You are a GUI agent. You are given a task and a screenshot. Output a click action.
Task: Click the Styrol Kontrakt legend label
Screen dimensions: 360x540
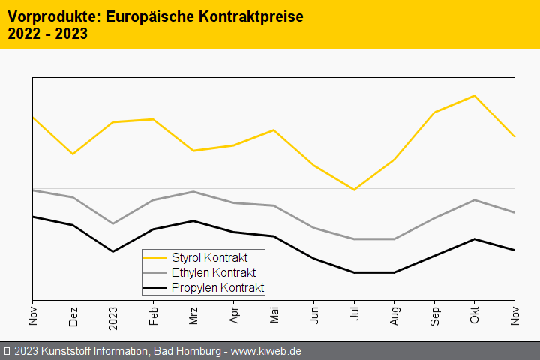[209, 257]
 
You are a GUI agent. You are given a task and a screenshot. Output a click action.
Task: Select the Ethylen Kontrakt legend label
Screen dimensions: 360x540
[214, 272]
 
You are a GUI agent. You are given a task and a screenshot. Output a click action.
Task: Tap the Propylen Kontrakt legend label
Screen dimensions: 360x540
[217, 287]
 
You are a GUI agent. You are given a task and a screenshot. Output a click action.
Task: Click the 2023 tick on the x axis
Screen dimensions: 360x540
[113, 316]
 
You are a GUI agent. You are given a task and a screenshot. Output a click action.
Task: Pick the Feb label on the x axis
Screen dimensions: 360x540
[154, 314]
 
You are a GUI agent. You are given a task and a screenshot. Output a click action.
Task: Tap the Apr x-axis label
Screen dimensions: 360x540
[234, 314]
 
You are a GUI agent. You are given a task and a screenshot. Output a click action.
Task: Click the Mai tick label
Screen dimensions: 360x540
[274, 314]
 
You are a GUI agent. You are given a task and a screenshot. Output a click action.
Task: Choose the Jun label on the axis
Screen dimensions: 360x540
[314, 314]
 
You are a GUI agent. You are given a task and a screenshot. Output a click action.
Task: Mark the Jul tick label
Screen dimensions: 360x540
[354, 313]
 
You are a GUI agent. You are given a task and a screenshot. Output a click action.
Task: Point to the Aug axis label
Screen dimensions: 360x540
[394, 314]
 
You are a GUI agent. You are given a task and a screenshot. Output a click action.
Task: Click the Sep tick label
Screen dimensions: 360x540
[434, 314]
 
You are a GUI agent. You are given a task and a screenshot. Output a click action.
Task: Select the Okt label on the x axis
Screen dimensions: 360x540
[475, 314]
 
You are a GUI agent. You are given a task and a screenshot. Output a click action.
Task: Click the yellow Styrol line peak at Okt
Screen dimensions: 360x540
[474, 96]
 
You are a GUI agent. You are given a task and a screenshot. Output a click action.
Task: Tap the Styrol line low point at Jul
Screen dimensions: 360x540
[354, 190]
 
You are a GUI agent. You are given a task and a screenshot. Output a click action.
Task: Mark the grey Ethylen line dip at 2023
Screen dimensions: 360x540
[113, 223]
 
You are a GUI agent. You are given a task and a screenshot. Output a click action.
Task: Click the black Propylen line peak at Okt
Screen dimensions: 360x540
[474, 239]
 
